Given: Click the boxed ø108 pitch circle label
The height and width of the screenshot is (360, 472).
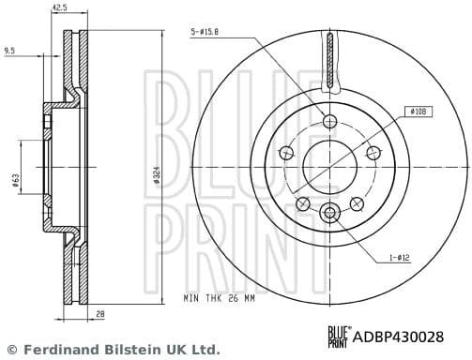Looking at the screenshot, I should point(419,112).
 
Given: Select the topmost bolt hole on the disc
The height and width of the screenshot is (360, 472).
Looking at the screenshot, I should point(328,121).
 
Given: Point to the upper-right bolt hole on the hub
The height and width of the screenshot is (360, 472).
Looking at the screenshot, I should point(373,153).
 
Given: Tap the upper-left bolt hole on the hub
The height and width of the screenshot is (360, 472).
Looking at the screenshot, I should point(284,153).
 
